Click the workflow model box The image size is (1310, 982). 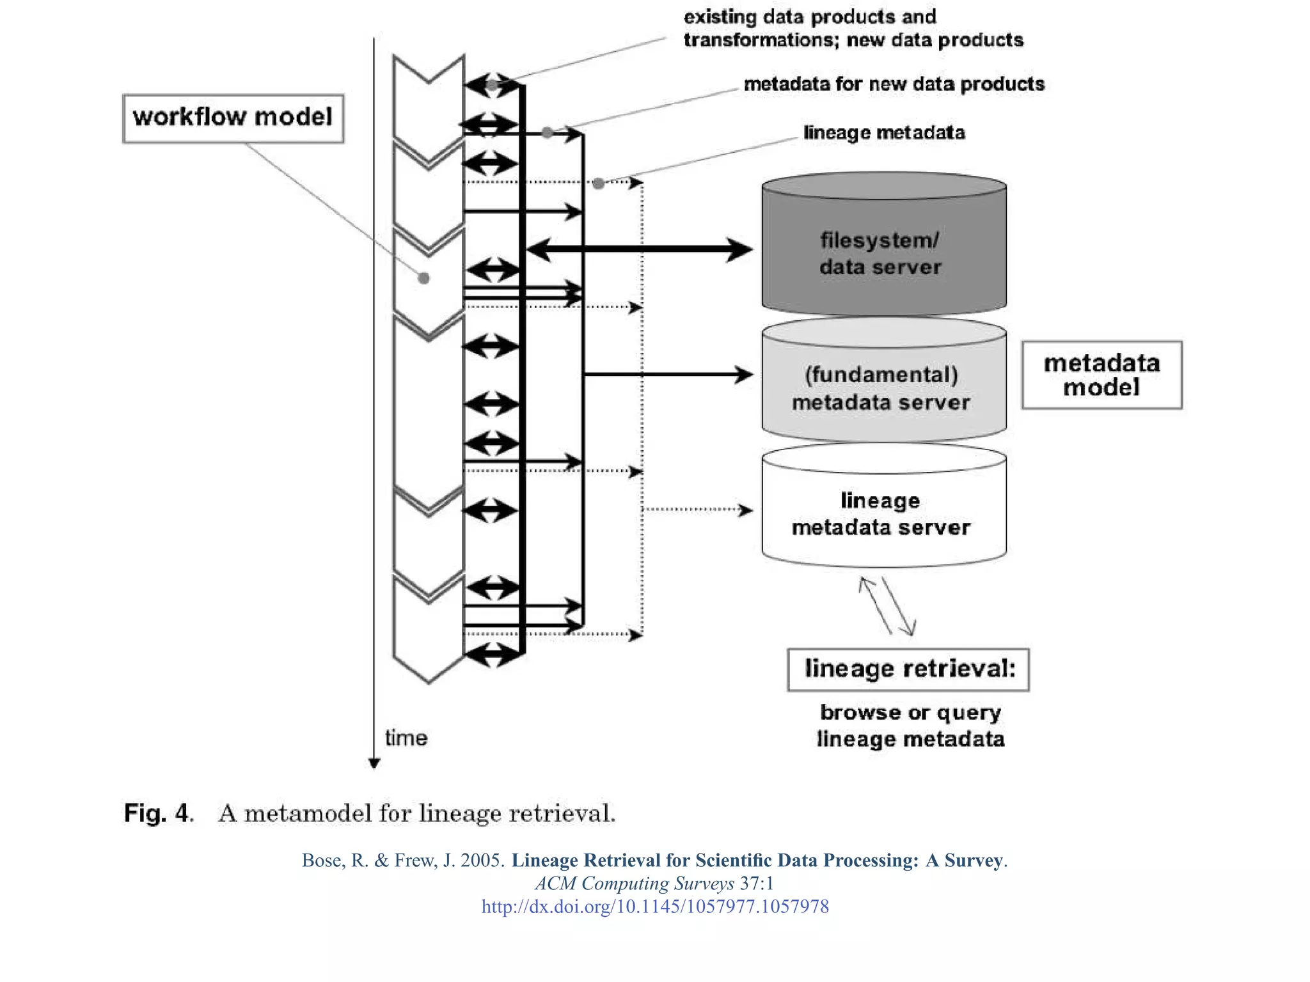[233, 118]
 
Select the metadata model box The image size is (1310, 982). [1101, 375]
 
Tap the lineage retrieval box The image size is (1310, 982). [908, 669]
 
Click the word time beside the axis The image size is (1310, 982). [406, 738]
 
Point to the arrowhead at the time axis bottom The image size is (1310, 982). [375, 763]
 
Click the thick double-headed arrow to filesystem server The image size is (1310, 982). [640, 249]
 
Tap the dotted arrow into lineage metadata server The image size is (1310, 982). [697, 510]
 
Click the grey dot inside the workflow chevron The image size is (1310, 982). [423, 278]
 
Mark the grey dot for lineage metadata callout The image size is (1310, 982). [598, 183]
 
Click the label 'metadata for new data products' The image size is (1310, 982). [894, 84]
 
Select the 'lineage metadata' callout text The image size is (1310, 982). [884, 132]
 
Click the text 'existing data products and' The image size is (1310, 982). [810, 16]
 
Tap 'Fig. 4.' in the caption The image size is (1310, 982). [159, 813]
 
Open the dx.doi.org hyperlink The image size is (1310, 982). [655, 907]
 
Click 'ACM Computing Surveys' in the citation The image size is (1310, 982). [635, 884]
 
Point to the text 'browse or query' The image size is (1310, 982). [910, 712]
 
